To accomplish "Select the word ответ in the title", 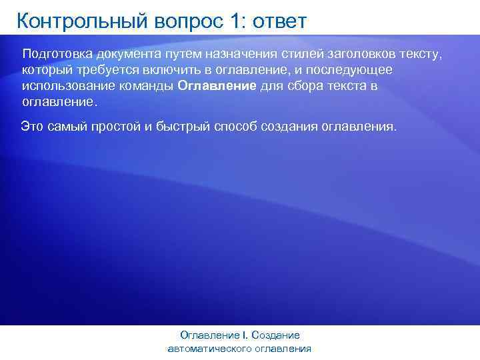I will (x=280, y=21).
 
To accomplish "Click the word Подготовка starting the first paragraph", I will (x=57, y=53).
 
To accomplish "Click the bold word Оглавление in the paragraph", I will (x=217, y=87).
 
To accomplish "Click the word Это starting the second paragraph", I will (x=33, y=125).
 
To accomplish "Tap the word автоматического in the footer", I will (x=214, y=349).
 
